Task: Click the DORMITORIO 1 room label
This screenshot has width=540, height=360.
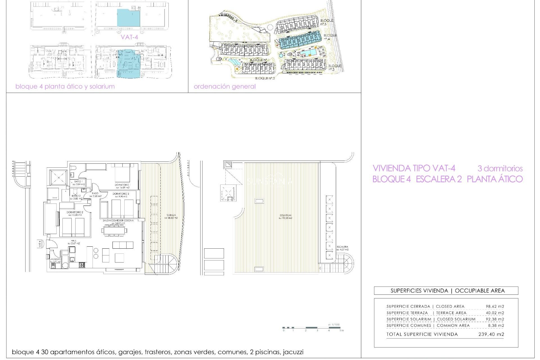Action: coord(122,185)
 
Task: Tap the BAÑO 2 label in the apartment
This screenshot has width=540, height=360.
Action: coord(76,196)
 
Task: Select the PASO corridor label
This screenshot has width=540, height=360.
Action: coord(95,193)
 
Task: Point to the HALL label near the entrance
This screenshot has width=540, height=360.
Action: coord(74,241)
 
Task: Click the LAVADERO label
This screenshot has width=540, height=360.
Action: coord(55,259)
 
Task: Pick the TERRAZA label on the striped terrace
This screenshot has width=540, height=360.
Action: coord(171,215)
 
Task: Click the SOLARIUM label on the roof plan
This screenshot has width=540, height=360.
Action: coord(285,215)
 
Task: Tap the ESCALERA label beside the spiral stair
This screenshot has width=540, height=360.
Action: coord(342,247)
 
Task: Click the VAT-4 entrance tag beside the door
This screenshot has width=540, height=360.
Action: coord(40,244)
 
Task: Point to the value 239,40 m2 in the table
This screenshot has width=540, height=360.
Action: coord(491,334)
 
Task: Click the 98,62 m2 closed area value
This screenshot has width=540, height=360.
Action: coord(495,306)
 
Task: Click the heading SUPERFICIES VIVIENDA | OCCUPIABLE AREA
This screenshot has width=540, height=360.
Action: coord(447,291)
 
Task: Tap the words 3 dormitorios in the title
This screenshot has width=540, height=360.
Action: coord(500,168)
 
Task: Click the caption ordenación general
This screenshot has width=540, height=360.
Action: coord(224,86)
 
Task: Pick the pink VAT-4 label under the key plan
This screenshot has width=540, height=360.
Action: coord(129,37)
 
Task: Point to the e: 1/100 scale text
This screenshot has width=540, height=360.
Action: coord(334,325)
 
